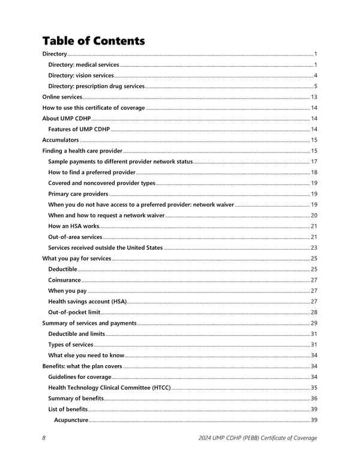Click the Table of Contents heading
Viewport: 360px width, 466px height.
tap(93, 41)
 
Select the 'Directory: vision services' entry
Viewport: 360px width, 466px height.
tap(81, 75)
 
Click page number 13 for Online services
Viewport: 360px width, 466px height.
tap(314, 97)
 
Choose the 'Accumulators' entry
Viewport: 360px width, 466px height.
tap(61, 140)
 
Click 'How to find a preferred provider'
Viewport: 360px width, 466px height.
tap(92, 172)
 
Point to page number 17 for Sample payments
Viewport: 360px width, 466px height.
tap(314, 162)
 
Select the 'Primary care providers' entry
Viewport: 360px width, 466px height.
tap(78, 194)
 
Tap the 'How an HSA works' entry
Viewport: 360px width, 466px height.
tap(74, 226)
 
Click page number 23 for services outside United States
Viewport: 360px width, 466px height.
tap(314, 247)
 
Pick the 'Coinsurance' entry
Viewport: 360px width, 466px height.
tap(64, 280)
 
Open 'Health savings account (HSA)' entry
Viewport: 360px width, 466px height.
tap(87, 301)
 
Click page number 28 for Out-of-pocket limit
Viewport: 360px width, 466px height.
tap(314, 312)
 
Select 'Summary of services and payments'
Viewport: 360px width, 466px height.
tap(89, 323)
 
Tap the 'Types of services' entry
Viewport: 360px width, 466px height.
tap(71, 345)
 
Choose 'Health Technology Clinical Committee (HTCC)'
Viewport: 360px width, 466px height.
tap(109, 388)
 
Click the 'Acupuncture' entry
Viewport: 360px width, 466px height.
tap(71, 420)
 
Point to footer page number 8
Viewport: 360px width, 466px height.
tap(44, 438)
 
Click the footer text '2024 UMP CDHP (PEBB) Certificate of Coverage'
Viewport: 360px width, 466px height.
tap(257, 438)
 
